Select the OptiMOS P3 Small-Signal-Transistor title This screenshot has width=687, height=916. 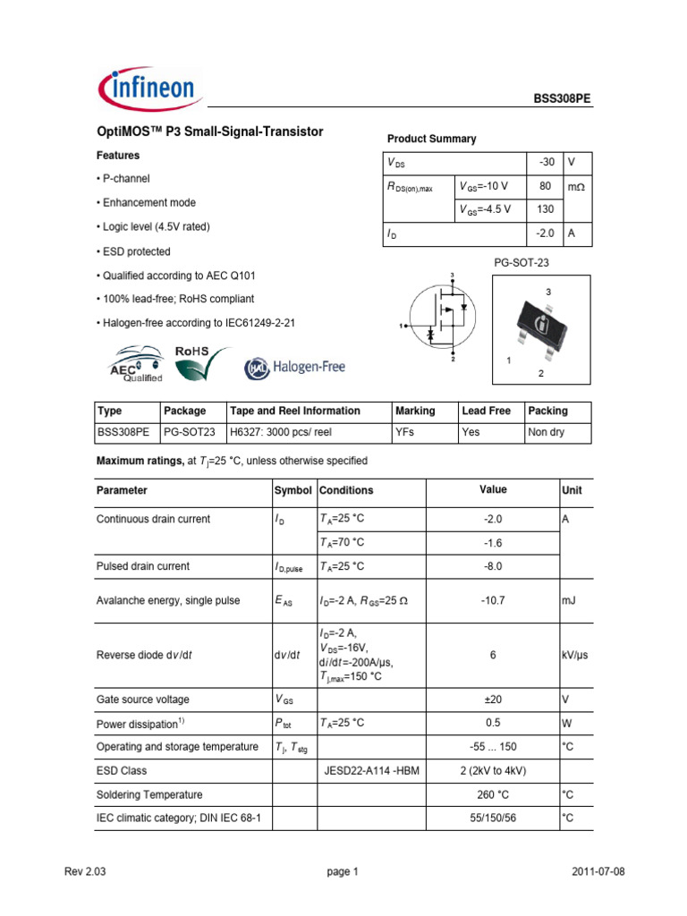pyautogui.click(x=209, y=131)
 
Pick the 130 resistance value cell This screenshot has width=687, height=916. pyautogui.click(x=544, y=209)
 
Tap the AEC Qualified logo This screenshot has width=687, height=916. pyautogui.click(x=135, y=367)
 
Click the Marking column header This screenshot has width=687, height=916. pyautogui.click(x=415, y=411)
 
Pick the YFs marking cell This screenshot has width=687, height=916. pyautogui.click(x=405, y=433)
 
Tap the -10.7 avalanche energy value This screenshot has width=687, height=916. pyautogui.click(x=493, y=601)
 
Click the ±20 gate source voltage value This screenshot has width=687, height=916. pyautogui.click(x=493, y=700)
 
